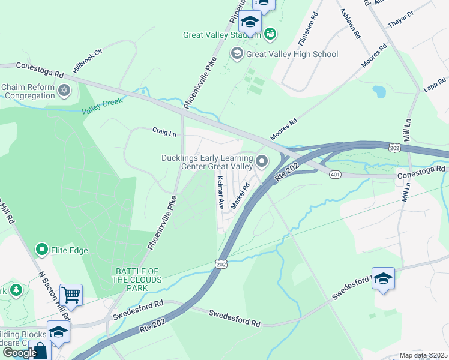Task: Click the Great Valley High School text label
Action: point(292,54)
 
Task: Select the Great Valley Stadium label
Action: point(222,35)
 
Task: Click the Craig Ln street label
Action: point(164,131)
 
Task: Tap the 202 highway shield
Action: point(220,265)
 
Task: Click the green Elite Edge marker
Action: point(42,248)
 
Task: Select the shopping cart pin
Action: point(71,295)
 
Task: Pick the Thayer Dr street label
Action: point(402,19)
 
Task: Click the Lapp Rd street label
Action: point(433,85)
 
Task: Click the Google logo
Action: point(20,352)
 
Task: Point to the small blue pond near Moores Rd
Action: point(379,92)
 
